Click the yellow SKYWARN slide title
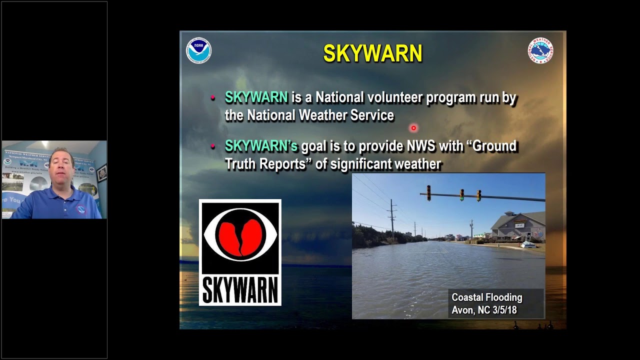372,53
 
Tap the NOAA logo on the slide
198,51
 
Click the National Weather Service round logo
540,50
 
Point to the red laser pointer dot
413,128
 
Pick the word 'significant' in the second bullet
360,164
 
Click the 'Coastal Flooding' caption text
486,297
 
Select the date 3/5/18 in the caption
504,310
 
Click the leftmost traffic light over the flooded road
428,193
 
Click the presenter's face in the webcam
62,168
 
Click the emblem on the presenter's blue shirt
81,209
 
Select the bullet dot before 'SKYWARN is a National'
213,98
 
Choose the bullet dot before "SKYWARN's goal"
213,146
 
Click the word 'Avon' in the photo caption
463,310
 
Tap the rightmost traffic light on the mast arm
478,195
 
